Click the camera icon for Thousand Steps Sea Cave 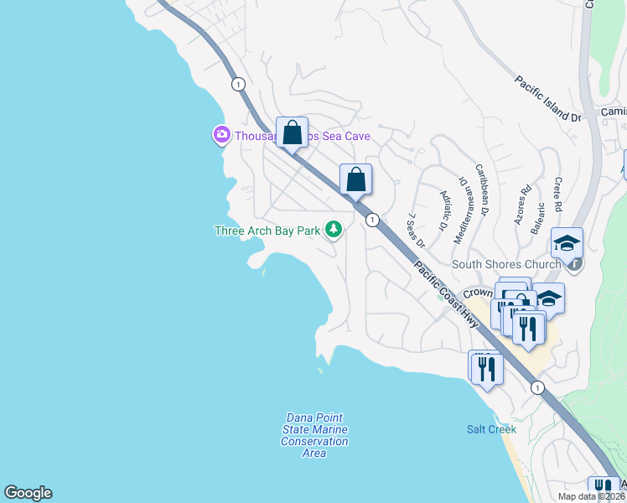tap(221, 134)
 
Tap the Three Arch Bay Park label tap(268, 231)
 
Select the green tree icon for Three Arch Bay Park tap(334, 229)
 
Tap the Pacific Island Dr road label tap(548, 100)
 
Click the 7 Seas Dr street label tap(417, 230)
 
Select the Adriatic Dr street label tap(444, 210)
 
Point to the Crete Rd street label tap(557, 194)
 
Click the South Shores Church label tap(506, 265)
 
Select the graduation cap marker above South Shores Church tap(567, 243)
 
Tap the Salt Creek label tap(491, 429)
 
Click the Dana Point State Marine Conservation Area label tap(314, 435)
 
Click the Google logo tap(28, 493)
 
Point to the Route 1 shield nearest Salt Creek tap(537, 387)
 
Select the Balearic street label tap(541, 217)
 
